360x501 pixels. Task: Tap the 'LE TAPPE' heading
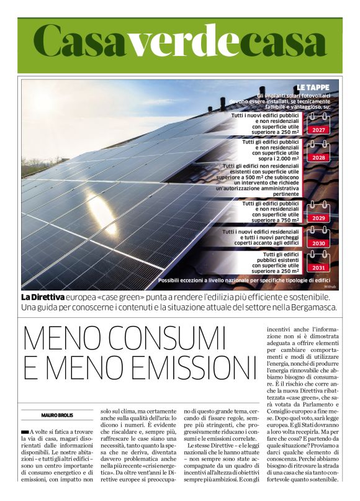coord(317,87)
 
